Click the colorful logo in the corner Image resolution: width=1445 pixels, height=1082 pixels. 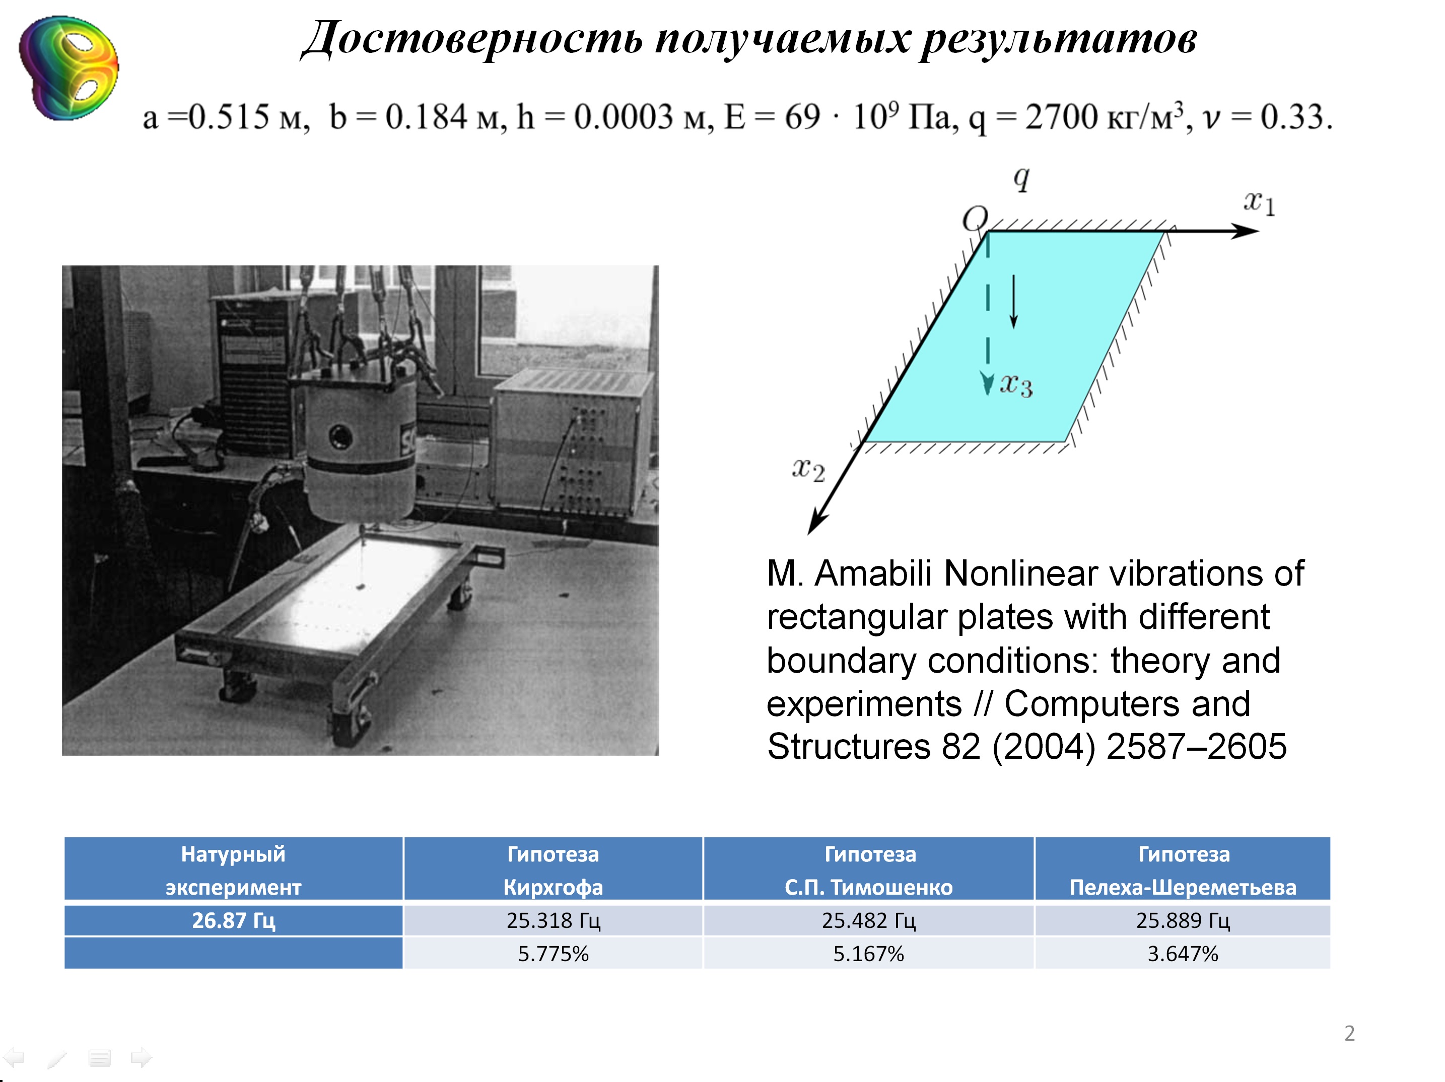(x=69, y=68)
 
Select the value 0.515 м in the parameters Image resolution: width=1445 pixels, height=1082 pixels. (x=248, y=117)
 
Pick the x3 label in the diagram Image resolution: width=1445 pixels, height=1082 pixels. (x=1016, y=385)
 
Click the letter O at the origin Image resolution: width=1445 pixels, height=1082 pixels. (x=975, y=218)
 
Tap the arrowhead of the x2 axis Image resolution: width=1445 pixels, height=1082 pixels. (x=816, y=524)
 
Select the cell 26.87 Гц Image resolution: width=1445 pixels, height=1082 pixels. (x=233, y=920)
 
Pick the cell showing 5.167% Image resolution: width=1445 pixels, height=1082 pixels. (x=868, y=954)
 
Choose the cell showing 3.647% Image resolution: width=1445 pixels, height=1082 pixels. (x=1183, y=954)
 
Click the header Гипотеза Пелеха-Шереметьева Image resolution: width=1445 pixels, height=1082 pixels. (x=1183, y=870)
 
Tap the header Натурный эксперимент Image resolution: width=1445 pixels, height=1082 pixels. (x=233, y=870)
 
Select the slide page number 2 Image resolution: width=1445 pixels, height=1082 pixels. (x=1349, y=1033)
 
